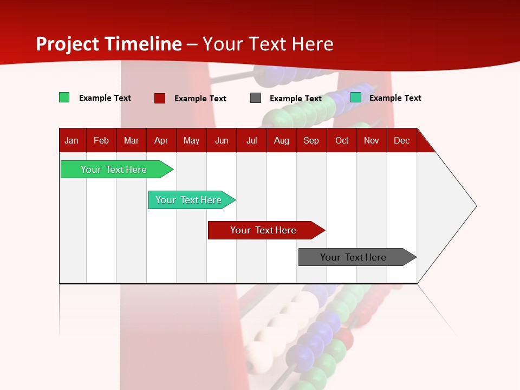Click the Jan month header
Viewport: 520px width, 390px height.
click(x=71, y=140)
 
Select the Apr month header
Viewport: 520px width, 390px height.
click(x=161, y=140)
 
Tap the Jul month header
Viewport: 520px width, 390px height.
click(x=251, y=140)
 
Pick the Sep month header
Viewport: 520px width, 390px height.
click(x=311, y=140)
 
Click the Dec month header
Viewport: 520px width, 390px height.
click(x=401, y=140)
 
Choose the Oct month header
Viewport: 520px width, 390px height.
click(x=341, y=140)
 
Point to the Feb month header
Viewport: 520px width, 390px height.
click(x=101, y=140)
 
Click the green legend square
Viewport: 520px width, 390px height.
click(x=64, y=97)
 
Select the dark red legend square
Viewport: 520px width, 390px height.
click(x=160, y=98)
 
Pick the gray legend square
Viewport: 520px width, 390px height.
click(x=256, y=98)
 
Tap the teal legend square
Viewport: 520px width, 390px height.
click(x=356, y=97)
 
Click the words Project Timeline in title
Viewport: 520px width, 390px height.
click(x=108, y=44)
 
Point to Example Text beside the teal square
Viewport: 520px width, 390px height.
click(x=395, y=98)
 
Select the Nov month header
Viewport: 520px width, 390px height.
click(x=372, y=140)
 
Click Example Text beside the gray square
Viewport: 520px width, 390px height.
click(x=295, y=99)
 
